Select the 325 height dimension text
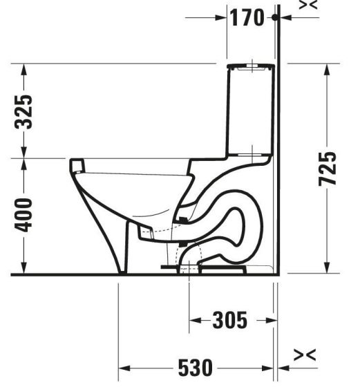(24, 112)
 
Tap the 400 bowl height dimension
(24, 216)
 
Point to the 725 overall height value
(330, 168)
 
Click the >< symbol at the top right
(309, 5)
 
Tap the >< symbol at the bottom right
(305, 355)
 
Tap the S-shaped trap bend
(238, 221)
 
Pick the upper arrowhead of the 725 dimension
(325, 68)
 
